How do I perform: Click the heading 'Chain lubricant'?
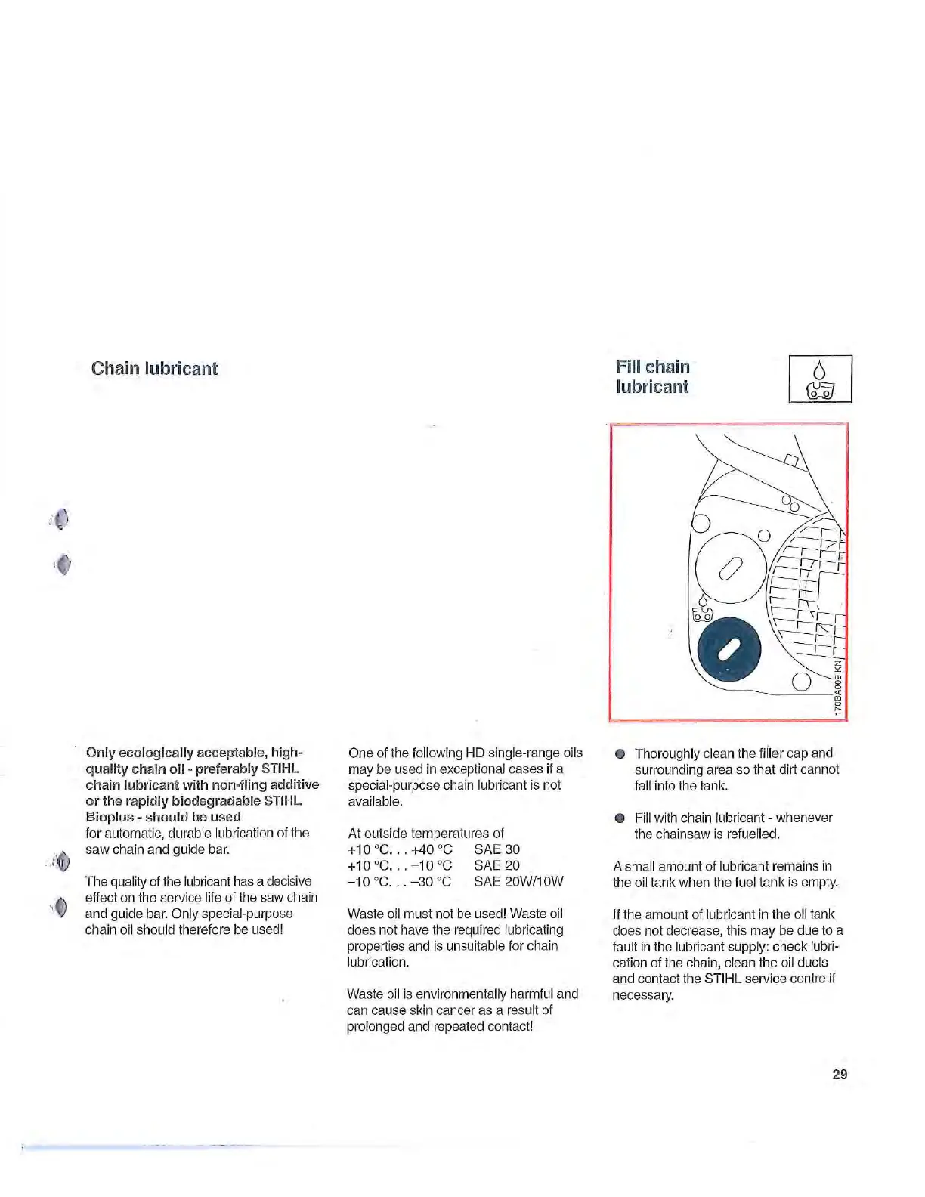(x=154, y=369)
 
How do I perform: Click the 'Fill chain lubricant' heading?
(x=652, y=376)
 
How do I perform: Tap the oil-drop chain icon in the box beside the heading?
(x=820, y=379)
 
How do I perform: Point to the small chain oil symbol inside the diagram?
(x=704, y=609)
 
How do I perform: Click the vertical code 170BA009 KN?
(x=838, y=688)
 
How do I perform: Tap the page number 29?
(x=839, y=1074)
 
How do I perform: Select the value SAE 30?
(x=497, y=849)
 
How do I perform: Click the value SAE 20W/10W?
(x=518, y=881)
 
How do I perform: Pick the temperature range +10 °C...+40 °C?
(x=400, y=849)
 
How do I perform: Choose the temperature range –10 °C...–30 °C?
(x=399, y=881)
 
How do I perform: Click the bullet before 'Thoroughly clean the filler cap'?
(x=620, y=753)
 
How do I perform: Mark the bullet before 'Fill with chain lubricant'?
(x=620, y=818)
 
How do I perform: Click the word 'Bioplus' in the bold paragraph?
(x=110, y=817)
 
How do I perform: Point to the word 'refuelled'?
(x=750, y=834)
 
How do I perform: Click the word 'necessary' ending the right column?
(x=642, y=994)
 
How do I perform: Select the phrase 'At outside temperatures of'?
(x=425, y=834)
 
